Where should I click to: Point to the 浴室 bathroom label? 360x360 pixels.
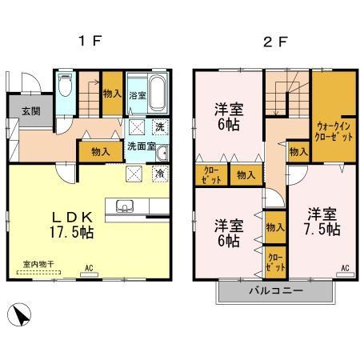(137, 95)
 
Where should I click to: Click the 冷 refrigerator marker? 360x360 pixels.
(160, 172)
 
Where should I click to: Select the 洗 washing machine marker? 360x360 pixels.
(159, 127)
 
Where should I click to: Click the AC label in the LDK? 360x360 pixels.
(90, 269)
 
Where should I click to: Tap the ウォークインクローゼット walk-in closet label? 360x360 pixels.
(334, 130)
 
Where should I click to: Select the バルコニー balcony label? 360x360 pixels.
(274, 290)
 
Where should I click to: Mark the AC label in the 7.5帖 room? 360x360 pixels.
(346, 268)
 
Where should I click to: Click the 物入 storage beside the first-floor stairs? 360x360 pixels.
(111, 94)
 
